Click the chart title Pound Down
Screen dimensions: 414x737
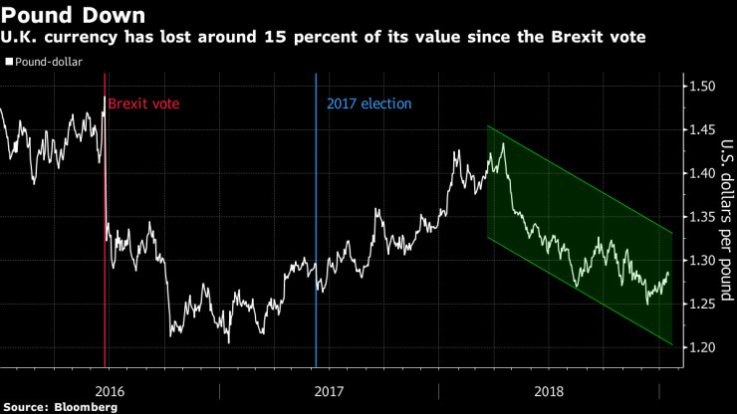(x=74, y=16)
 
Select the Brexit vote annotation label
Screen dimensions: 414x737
(x=143, y=103)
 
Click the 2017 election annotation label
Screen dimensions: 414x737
(x=368, y=103)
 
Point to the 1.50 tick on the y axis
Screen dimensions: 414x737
(x=701, y=87)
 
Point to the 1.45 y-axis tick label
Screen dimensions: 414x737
(x=701, y=130)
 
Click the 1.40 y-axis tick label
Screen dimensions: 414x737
(x=701, y=173)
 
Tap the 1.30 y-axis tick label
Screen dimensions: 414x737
(x=701, y=260)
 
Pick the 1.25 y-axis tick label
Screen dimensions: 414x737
(x=701, y=304)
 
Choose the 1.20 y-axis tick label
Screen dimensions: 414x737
(x=701, y=346)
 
